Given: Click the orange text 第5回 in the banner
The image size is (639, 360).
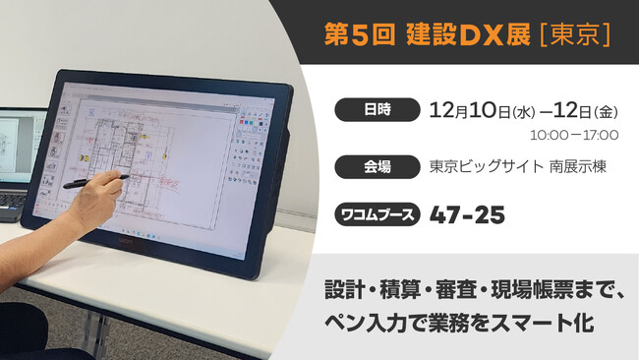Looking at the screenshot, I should coord(359,32).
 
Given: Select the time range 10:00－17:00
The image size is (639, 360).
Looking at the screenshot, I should coord(573,135).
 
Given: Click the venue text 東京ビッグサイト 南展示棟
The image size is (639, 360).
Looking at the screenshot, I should coord(517,166).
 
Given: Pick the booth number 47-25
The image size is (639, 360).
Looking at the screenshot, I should coord(467,214).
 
